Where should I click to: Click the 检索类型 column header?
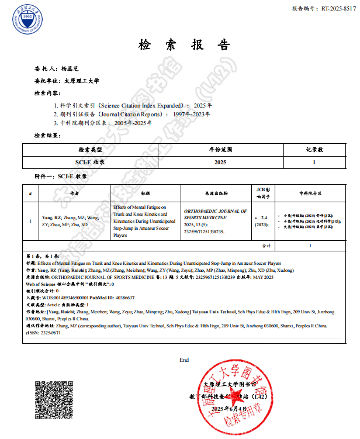[91, 149]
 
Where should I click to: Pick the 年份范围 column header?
[220, 149]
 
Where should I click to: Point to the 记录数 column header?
[314, 149]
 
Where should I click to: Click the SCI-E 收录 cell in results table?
[91, 162]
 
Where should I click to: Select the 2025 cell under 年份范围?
[220, 162]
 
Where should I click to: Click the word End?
[184, 360]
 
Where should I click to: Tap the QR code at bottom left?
[54, 399]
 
